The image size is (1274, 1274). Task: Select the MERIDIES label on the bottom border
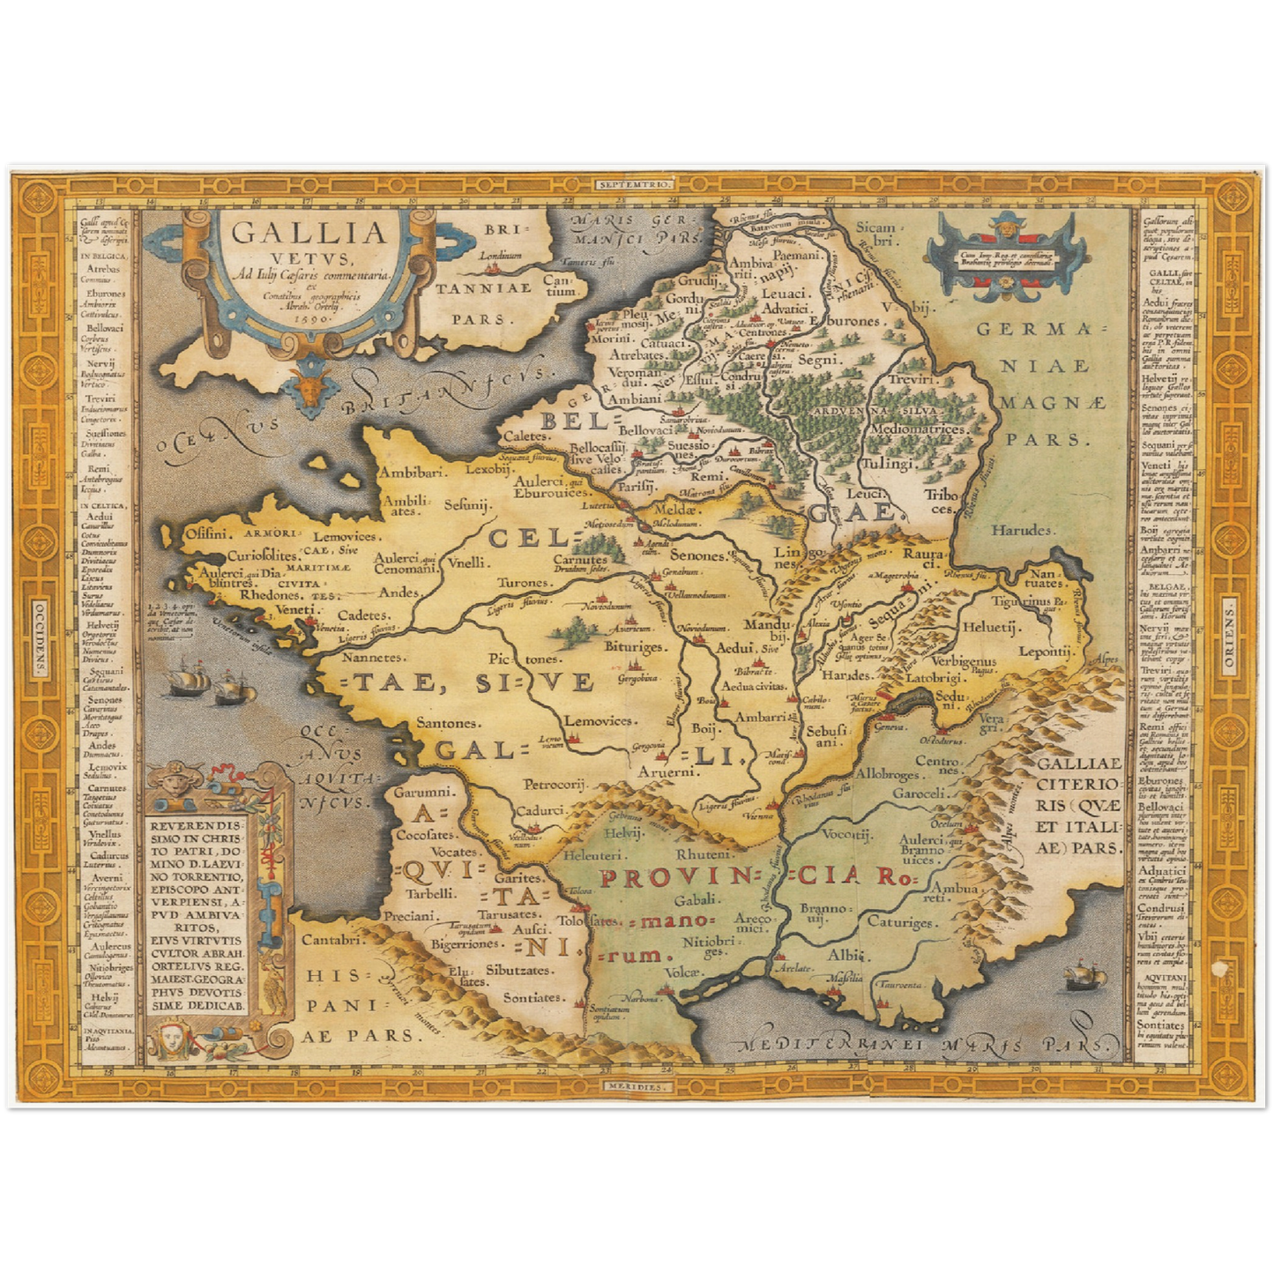point(637,1087)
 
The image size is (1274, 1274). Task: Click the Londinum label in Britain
point(500,256)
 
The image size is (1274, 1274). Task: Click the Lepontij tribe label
point(1047,651)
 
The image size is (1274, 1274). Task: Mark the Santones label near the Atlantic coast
point(448,723)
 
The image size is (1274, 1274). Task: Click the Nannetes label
point(374,657)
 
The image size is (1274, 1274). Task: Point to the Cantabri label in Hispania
point(333,940)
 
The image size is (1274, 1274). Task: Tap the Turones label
point(524,583)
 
